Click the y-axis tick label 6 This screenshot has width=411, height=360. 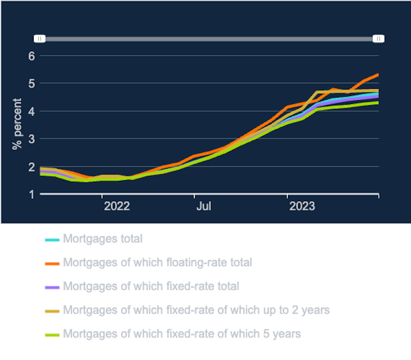click(31, 56)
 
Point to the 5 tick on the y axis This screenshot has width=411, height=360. click(31, 83)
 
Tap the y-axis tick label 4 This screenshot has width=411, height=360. click(31, 111)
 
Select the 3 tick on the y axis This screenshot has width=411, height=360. click(31, 139)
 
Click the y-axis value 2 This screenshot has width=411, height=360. click(31, 167)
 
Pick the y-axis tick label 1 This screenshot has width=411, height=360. click(31, 194)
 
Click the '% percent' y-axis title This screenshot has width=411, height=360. click(17, 124)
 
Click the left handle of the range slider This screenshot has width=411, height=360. click(40, 39)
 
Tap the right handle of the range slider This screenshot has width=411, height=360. click(378, 39)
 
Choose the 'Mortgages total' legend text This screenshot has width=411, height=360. click(102, 239)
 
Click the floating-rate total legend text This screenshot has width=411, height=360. click(158, 263)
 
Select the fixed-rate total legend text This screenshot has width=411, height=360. click(151, 286)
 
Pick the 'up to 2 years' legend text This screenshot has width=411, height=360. click(196, 310)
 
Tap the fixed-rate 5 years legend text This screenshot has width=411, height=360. click(182, 333)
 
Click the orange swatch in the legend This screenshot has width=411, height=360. click(52, 263)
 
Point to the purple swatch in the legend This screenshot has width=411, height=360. click(52, 286)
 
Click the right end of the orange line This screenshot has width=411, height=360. click(378, 75)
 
